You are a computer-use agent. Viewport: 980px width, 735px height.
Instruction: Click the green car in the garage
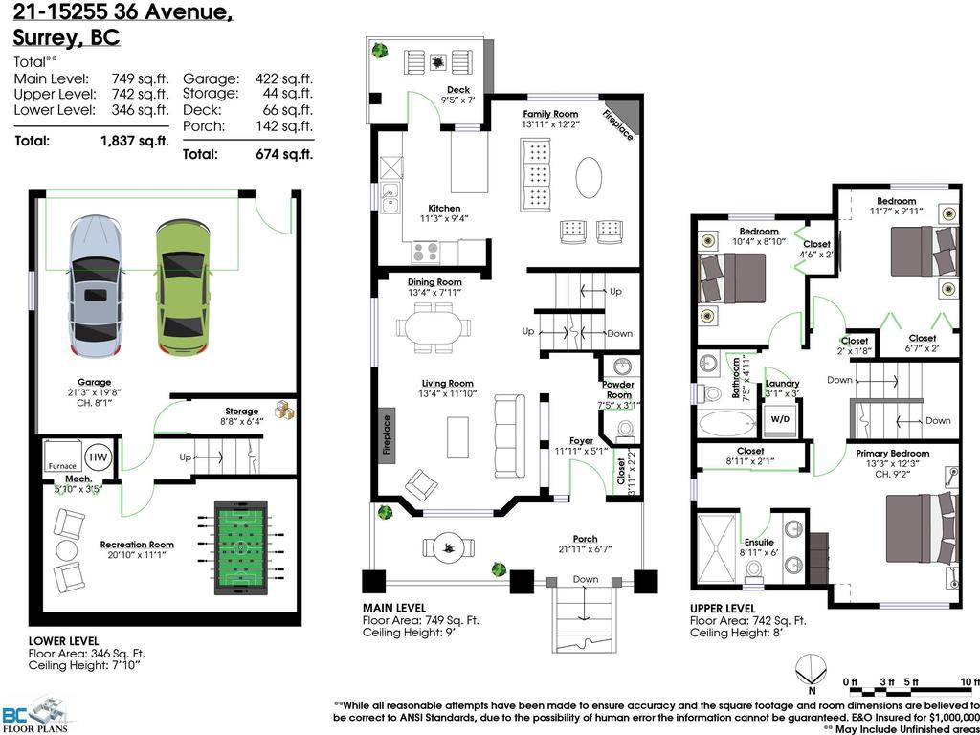point(183,287)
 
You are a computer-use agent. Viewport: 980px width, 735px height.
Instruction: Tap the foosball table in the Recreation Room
point(239,546)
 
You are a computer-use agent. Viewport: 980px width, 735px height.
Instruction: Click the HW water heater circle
point(99,458)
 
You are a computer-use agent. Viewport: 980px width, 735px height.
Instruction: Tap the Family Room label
point(550,114)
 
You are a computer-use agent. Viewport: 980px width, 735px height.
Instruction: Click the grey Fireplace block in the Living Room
point(387,436)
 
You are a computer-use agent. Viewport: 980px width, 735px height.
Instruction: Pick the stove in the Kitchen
point(425,252)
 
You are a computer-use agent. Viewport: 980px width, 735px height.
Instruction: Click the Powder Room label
point(618,389)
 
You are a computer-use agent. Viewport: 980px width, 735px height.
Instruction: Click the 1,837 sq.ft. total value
point(134,141)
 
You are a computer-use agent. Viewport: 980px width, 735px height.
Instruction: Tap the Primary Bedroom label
point(897,454)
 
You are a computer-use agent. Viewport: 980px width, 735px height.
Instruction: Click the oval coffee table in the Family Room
point(590,178)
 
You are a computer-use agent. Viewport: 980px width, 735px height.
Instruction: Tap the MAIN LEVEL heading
point(394,608)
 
